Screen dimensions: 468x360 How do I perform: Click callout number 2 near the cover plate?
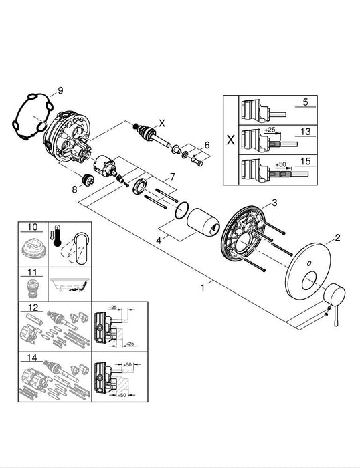point(337,236)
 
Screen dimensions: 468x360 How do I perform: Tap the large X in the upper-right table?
point(230,140)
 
